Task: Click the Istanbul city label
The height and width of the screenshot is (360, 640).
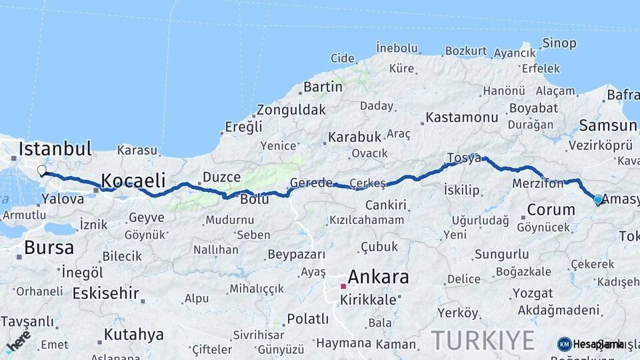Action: (55, 148)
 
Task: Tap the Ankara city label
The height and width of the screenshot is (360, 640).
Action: (378, 276)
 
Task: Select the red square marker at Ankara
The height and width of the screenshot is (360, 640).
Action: (343, 286)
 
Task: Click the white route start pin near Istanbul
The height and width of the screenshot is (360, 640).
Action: (41, 171)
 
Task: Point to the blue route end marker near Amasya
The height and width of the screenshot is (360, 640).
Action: (598, 199)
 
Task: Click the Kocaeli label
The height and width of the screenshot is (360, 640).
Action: (133, 180)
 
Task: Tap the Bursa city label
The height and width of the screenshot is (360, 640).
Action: (49, 248)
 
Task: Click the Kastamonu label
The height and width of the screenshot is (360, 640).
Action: (461, 117)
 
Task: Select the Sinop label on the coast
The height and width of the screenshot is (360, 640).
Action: (559, 43)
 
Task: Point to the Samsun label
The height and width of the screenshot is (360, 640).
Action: (607, 125)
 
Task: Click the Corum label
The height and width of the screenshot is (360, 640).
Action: (551, 209)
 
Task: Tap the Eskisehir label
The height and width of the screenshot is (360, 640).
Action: (105, 293)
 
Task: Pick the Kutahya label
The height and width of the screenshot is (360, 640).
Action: (133, 334)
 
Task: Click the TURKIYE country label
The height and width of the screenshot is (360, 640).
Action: (483, 340)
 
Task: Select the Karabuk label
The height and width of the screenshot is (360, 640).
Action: (355, 137)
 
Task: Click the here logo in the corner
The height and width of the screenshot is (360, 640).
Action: (18, 341)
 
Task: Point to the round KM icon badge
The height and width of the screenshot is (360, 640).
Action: (564, 344)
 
